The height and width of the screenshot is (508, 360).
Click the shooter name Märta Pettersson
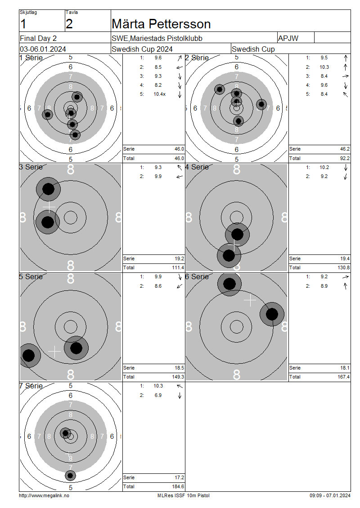pyautogui.click(x=161, y=24)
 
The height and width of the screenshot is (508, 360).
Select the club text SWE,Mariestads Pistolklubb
pyautogui.click(x=157, y=38)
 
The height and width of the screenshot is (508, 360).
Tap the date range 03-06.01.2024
pyautogui.click(x=43, y=49)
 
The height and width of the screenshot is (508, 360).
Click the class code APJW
pyautogui.click(x=288, y=38)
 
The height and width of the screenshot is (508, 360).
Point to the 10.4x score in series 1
pyautogui.click(x=160, y=94)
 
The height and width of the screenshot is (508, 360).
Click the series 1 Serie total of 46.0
pyautogui.click(x=180, y=149)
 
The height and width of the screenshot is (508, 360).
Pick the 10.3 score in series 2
pyautogui.click(x=324, y=67)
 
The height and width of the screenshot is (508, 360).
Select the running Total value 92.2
pyautogui.click(x=345, y=158)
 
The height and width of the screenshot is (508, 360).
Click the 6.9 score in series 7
pyautogui.click(x=158, y=395)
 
